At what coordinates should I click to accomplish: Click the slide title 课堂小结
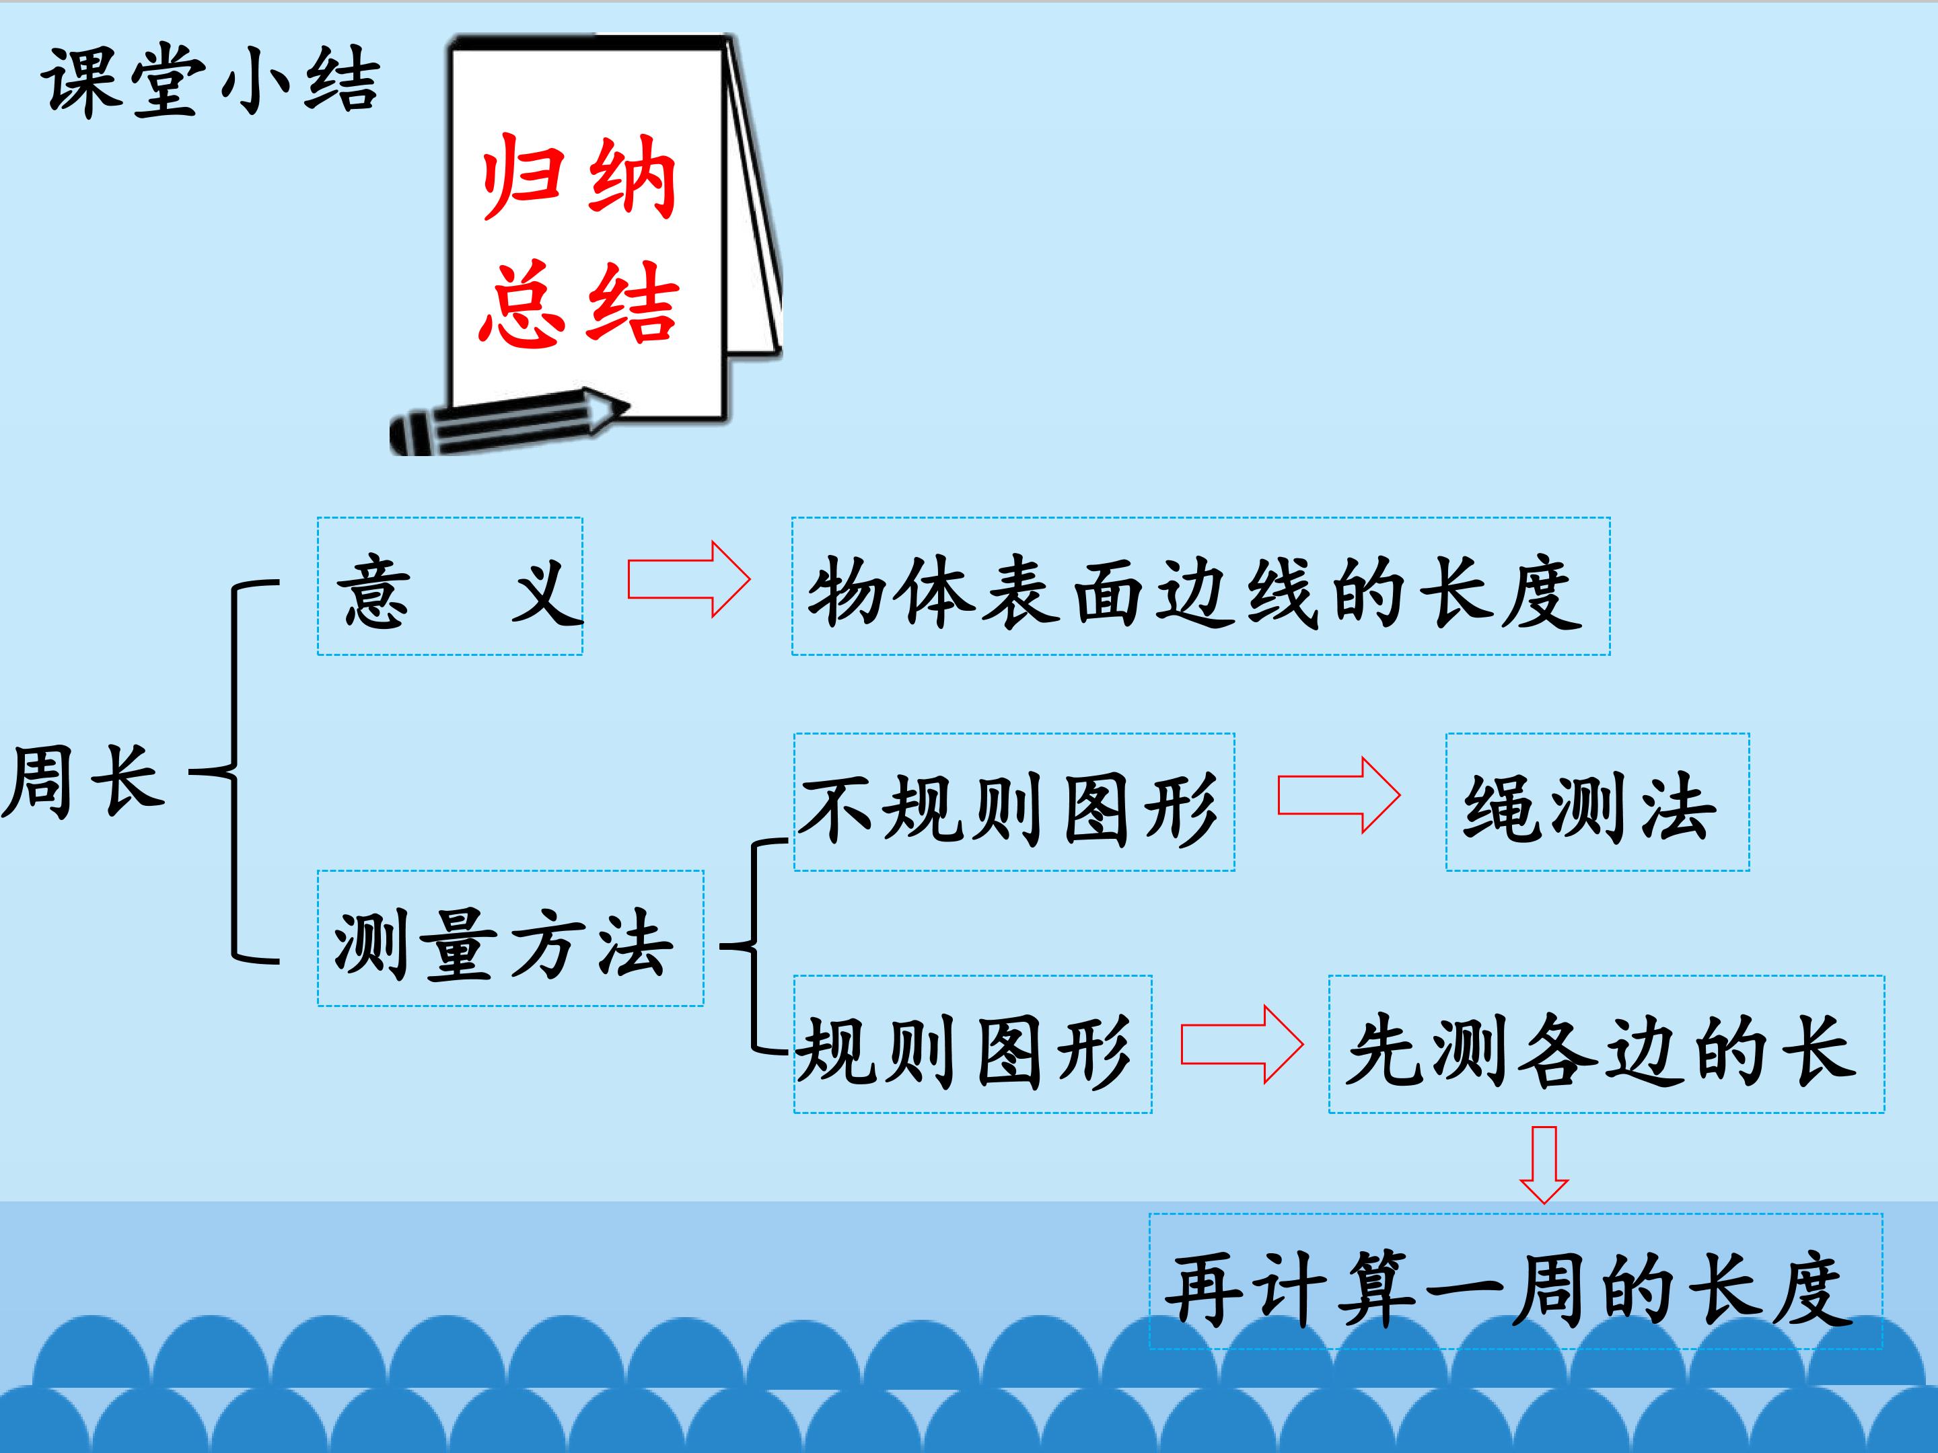click(210, 81)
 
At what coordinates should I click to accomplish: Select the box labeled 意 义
click(450, 586)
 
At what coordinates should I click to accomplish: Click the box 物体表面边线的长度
click(1201, 586)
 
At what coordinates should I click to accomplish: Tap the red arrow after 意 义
click(688, 579)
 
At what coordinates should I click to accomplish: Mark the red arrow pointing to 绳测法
click(1338, 795)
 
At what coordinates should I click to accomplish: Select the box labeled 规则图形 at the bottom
click(972, 1045)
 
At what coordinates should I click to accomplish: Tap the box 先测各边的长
click(1606, 1045)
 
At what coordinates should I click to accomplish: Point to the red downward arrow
click(1544, 1165)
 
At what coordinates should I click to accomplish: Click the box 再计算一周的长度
click(1515, 1281)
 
